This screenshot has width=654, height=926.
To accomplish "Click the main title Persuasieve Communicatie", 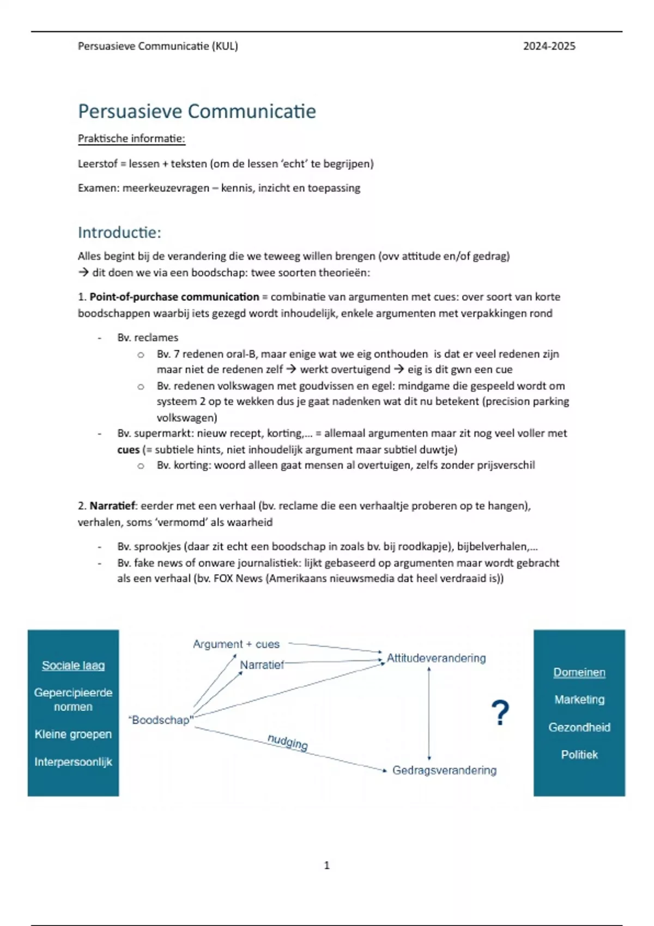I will tap(197, 111).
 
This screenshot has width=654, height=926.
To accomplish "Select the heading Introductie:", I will tap(119, 233).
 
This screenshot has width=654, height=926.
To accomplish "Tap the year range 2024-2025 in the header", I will tap(549, 46).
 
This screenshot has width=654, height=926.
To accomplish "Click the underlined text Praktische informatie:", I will tap(131, 138).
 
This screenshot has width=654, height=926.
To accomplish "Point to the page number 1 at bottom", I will tap(327, 865).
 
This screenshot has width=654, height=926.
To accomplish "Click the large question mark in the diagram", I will tap(500, 713).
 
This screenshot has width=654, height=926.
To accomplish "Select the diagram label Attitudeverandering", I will tap(436, 658).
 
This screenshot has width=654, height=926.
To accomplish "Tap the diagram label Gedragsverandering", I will tap(444, 770).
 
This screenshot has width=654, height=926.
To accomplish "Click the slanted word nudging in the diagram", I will tap(288, 742).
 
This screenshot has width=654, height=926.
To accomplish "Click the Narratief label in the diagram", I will tap(262, 665).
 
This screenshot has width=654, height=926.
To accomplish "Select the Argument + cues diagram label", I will tap(236, 644).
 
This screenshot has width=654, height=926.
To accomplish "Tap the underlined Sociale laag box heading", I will tap(73, 666).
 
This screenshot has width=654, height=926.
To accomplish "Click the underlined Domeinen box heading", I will tap(579, 673).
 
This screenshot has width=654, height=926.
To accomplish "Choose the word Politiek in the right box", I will tap(579, 754).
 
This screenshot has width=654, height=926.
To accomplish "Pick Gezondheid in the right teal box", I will tap(579, 727).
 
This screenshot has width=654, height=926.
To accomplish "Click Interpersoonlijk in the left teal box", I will tap(73, 761).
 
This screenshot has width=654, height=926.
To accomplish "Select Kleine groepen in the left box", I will tap(73, 734).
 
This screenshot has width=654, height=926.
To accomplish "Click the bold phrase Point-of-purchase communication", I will tap(174, 297).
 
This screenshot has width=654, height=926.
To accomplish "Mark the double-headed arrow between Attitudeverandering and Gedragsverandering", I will tap(429, 714).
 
